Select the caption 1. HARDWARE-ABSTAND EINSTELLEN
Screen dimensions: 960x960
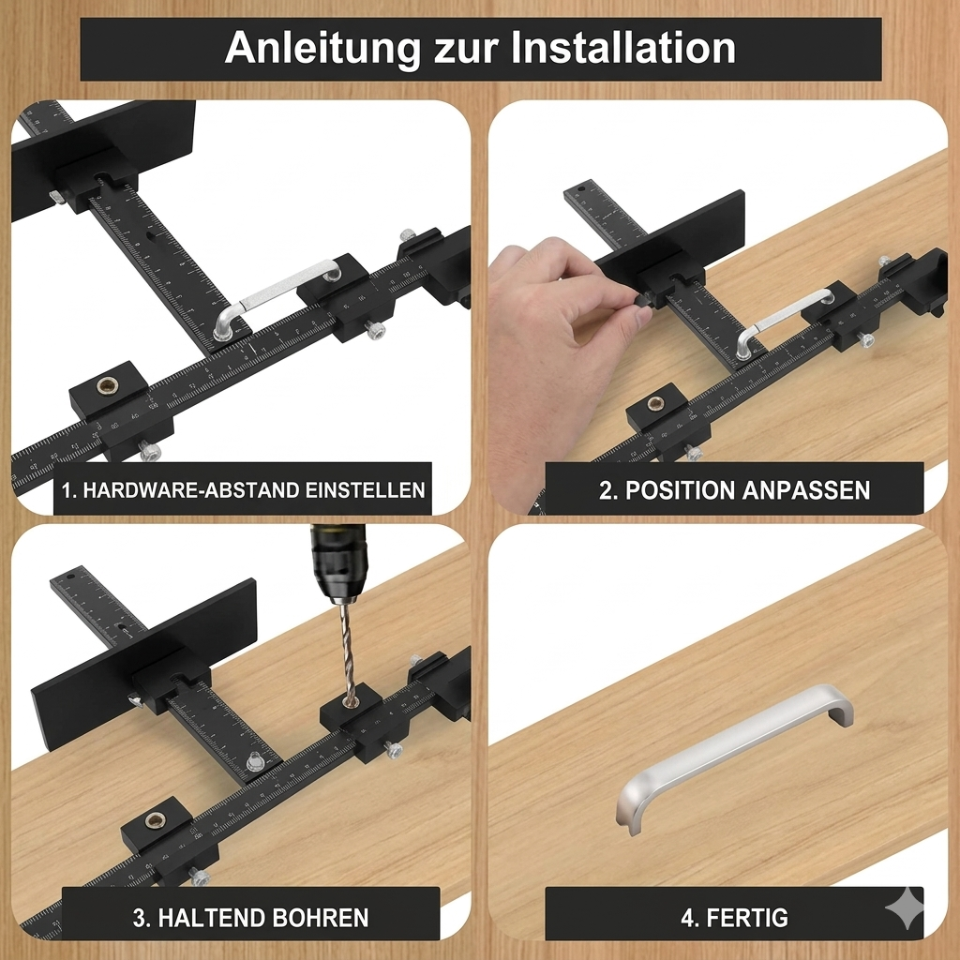coord(243,489)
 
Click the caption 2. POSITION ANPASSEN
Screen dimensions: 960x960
coord(734,489)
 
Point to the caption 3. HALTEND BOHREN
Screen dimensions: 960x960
coord(250,916)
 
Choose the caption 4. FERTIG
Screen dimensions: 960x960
coord(734,916)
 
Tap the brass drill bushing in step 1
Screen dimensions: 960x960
coord(107,384)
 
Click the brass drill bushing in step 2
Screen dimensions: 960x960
coord(655,405)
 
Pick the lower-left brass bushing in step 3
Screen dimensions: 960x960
coord(156,821)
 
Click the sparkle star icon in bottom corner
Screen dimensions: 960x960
coord(904,907)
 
